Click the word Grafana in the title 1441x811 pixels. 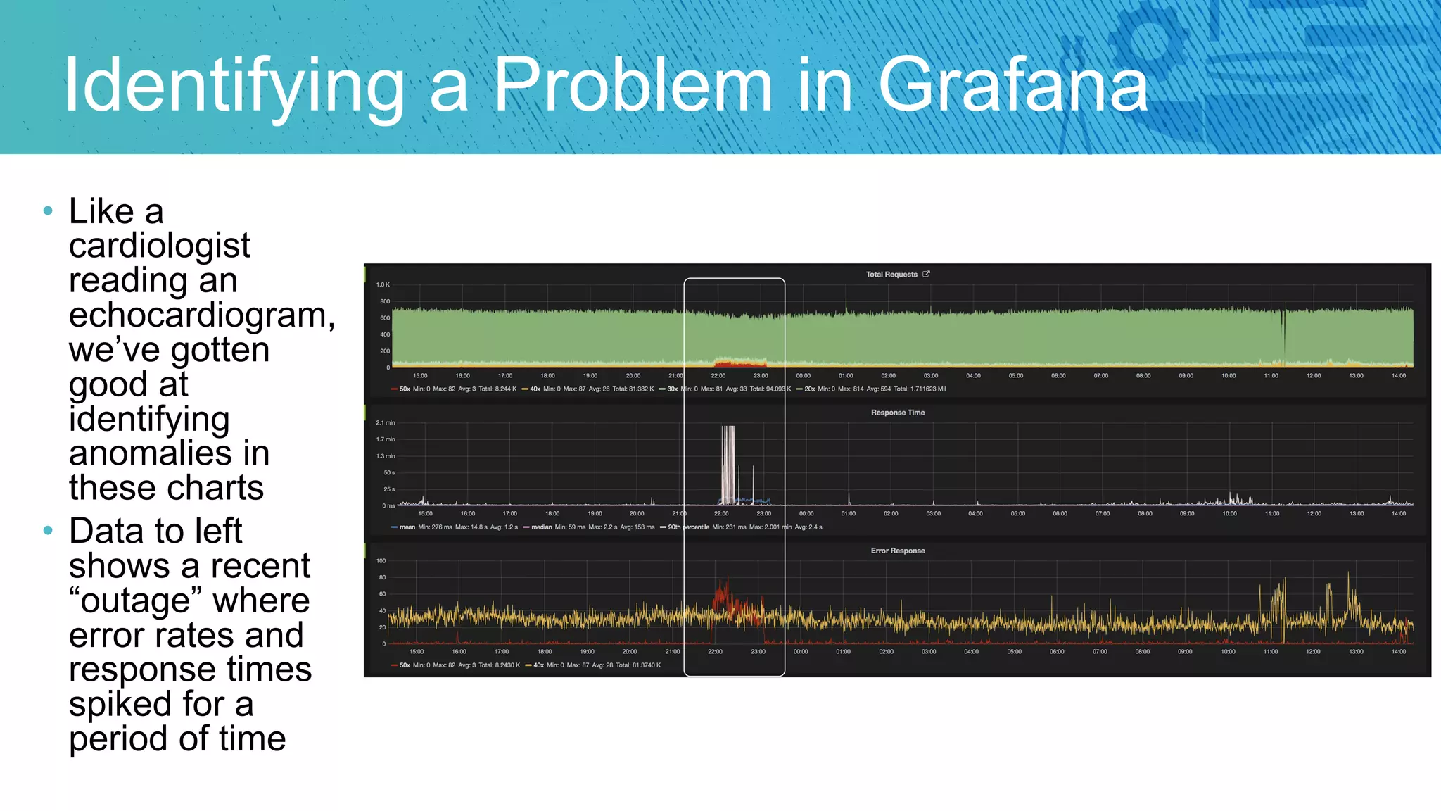click(x=1013, y=86)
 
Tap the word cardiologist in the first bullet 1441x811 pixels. click(x=159, y=245)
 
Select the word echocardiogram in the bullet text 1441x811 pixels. click(x=200, y=315)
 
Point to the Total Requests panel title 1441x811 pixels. click(x=891, y=275)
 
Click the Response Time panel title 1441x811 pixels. click(x=897, y=413)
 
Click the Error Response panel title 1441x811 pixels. click(x=897, y=551)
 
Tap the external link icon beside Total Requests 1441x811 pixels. click(x=926, y=274)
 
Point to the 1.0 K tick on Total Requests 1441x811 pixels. click(x=383, y=284)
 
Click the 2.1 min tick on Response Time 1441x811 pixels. click(x=385, y=422)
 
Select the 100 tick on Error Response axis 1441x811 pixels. click(x=381, y=561)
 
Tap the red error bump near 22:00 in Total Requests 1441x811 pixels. click(x=739, y=362)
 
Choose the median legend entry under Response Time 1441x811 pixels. click(x=541, y=527)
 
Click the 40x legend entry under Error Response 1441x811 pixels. click(x=538, y=665)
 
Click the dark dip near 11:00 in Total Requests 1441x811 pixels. click(x=1283, y=331)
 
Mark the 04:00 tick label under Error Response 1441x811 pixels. click(x=971, y=651)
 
